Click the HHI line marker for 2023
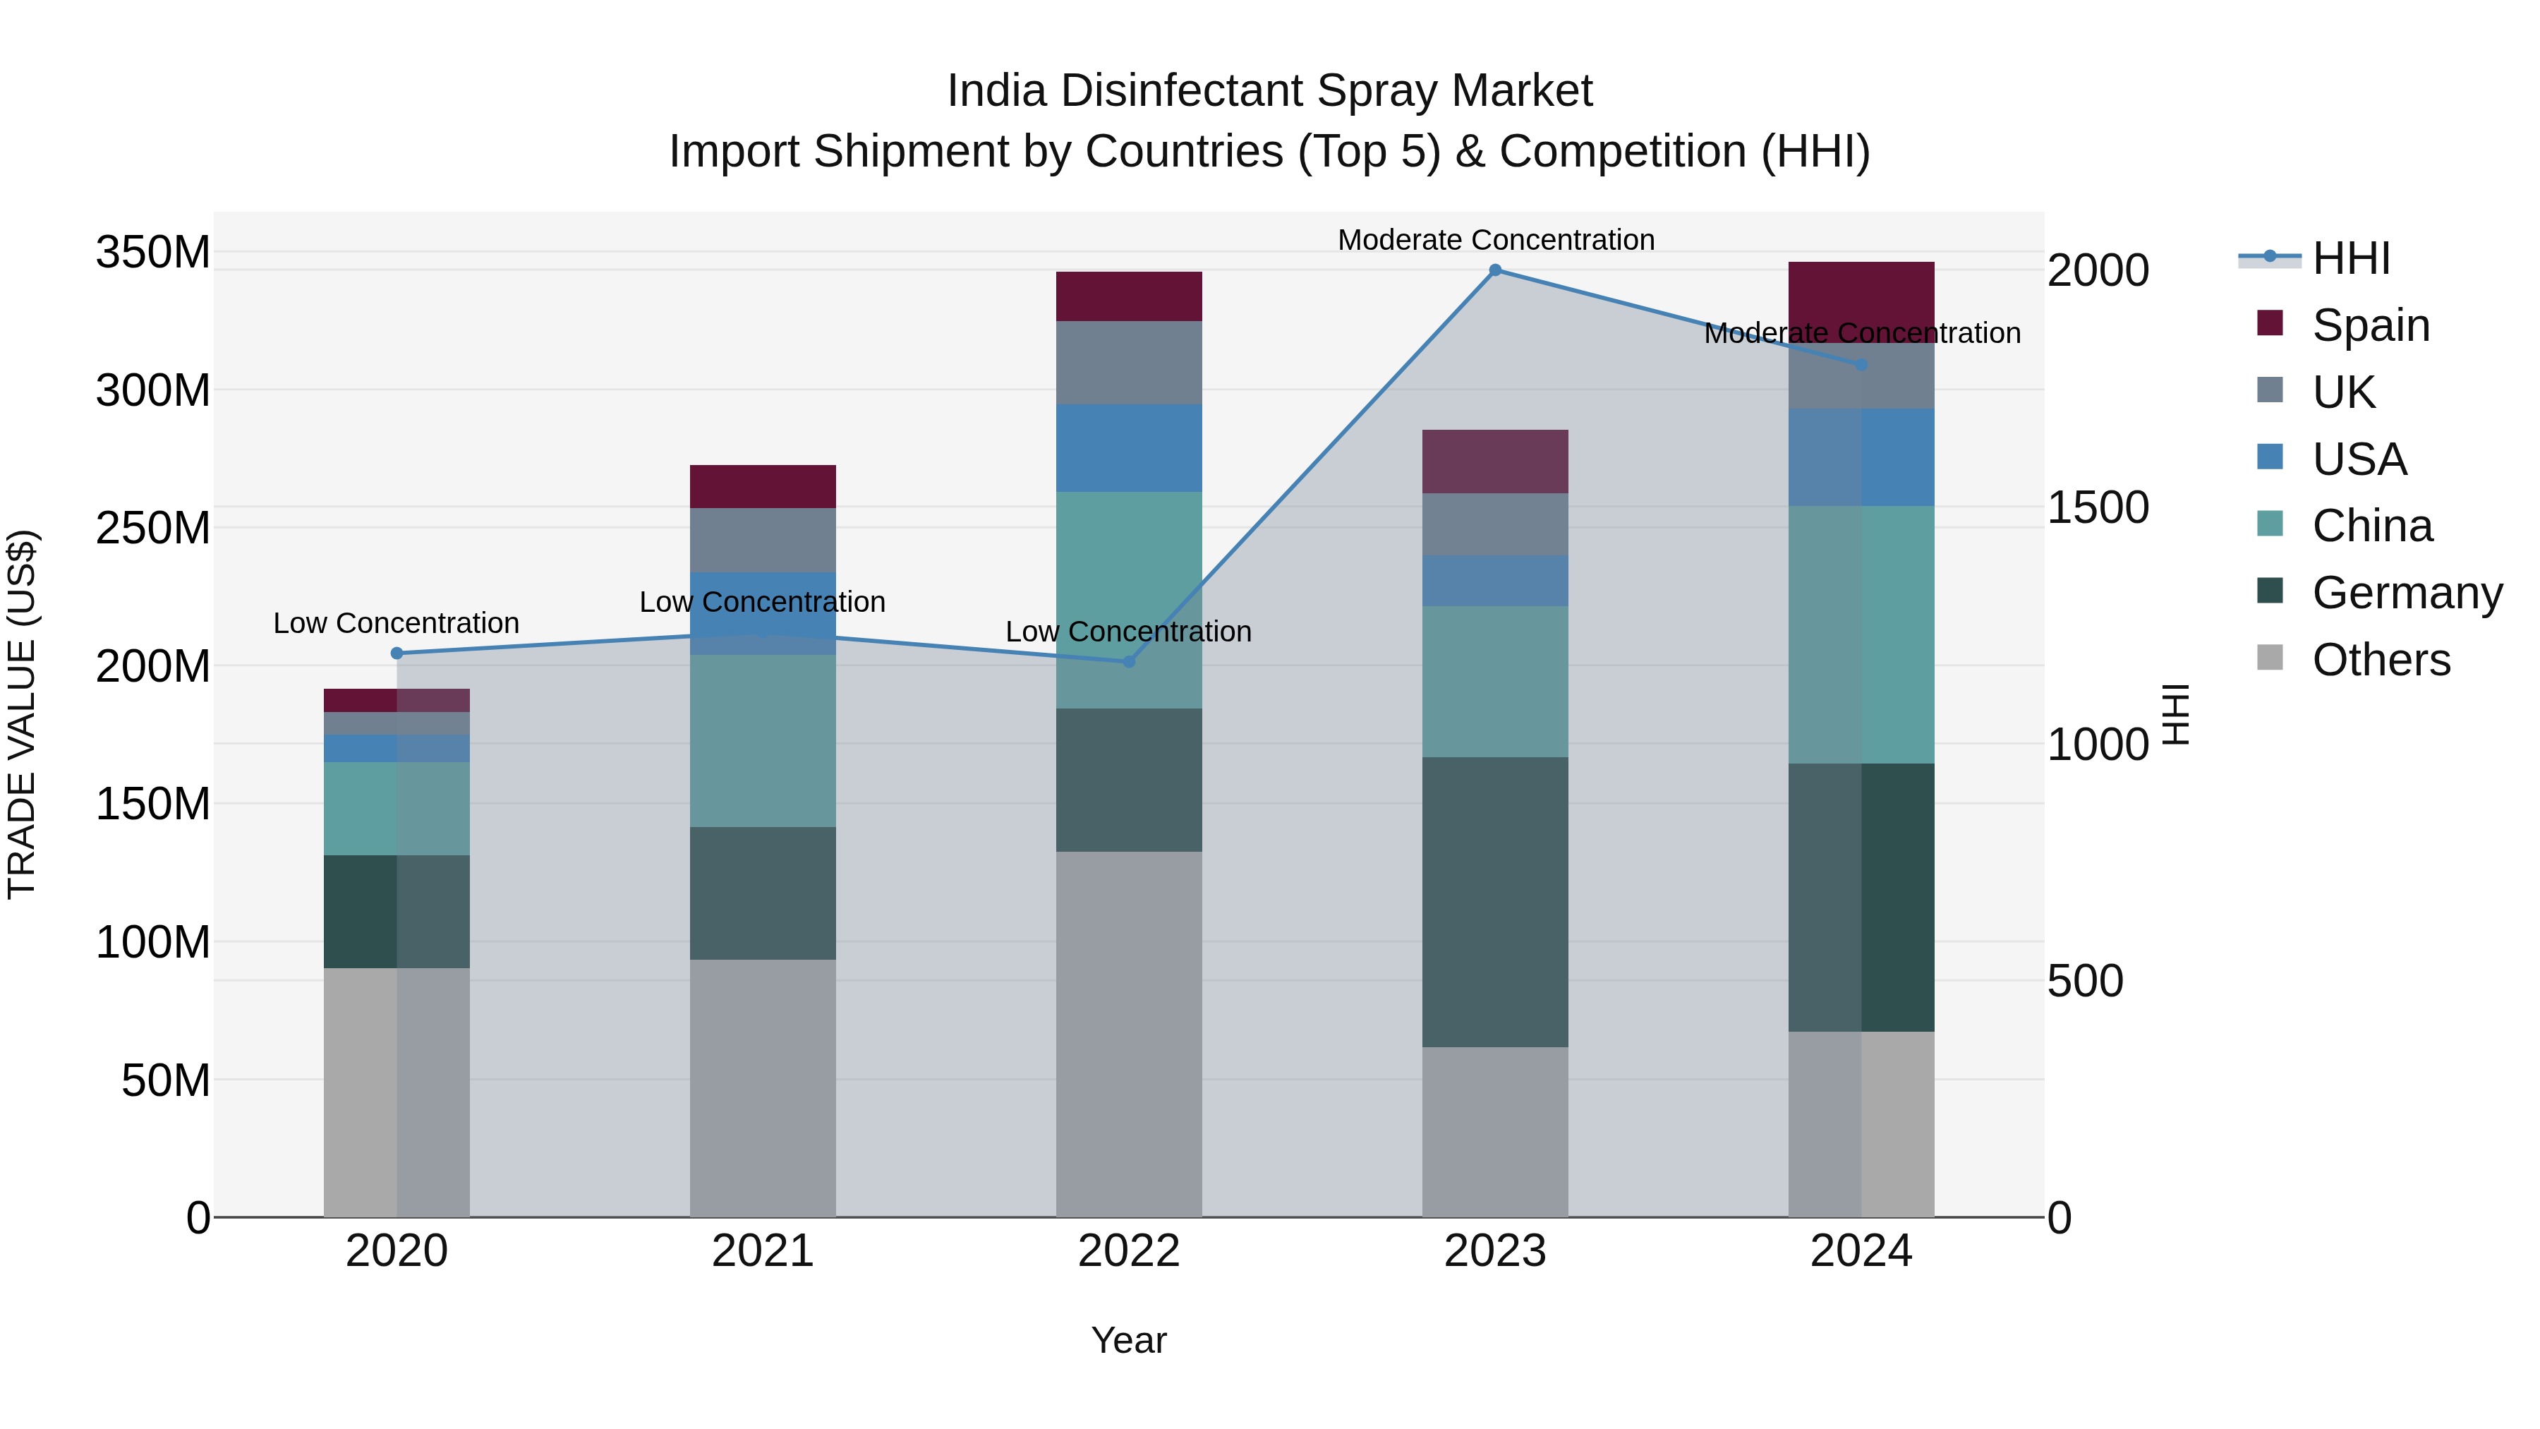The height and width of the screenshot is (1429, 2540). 1495,270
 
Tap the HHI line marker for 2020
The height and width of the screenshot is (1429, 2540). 397,653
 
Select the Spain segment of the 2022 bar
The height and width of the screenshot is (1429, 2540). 1128,296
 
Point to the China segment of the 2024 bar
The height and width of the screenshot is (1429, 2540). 1861,634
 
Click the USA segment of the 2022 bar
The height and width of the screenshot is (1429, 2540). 1128,447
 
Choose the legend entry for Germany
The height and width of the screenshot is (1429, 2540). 2406,593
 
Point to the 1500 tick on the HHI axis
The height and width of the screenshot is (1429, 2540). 2098,508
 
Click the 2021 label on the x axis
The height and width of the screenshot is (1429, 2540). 762,1251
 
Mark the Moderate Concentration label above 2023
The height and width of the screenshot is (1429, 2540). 1495,240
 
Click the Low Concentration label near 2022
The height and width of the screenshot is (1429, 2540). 1128,631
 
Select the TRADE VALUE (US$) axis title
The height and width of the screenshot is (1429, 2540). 22,714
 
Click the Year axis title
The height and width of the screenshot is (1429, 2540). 1128,1340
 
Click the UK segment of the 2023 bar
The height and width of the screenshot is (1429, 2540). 1495,524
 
